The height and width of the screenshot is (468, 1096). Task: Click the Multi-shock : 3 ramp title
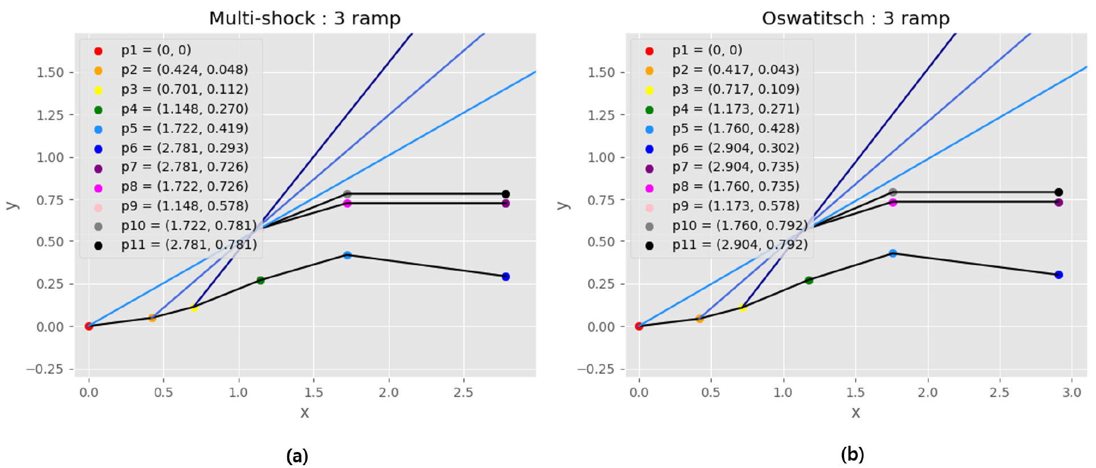click(305, 18)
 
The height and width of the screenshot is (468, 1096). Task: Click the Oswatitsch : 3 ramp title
click(855, 18)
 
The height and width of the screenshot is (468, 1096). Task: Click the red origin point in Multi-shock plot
click(89, 326)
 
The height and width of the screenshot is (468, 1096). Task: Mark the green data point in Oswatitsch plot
click(809, 280)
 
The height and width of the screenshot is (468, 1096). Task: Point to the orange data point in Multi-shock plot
click(152, 318)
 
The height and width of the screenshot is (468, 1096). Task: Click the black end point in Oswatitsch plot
click(1058, 192)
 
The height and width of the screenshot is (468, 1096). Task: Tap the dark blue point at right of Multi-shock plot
click(506, 277)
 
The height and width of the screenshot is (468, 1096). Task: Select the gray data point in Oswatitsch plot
click(893, 192)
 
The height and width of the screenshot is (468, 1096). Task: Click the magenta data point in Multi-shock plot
click(347, 203)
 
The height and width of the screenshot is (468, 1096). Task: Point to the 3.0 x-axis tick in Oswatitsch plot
click(1071, 392)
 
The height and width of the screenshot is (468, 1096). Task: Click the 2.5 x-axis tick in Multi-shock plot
click(463, 392)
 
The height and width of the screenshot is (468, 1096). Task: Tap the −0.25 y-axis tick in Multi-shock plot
click(44, 369)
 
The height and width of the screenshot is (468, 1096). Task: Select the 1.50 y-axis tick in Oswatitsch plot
click(601, 72)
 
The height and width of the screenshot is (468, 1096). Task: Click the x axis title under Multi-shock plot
click(305, 413)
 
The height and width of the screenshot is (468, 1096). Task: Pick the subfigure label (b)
click(853, 454)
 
